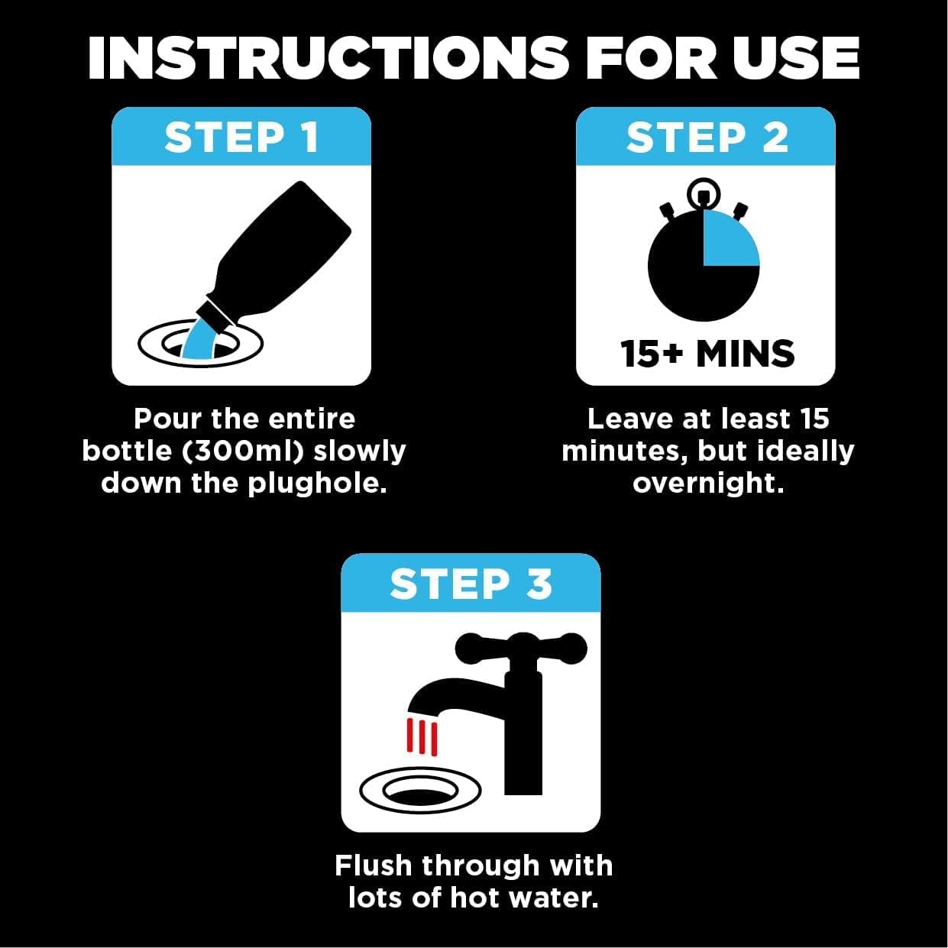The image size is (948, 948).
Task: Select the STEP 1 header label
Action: pos(241,138)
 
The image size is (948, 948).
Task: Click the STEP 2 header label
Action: pos(707,138)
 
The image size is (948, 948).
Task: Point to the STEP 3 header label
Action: pos(471,584)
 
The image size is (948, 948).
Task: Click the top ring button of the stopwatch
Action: pos(704,193)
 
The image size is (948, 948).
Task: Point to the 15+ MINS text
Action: pos(707,354)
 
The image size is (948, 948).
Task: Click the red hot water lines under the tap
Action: pos(422,736)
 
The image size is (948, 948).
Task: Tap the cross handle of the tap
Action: pos(522,649)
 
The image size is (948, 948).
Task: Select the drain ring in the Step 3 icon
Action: pos(419,788)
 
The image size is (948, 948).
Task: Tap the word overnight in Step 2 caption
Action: pos(707,484)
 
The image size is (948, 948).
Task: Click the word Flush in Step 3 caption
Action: pos(374,865)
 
